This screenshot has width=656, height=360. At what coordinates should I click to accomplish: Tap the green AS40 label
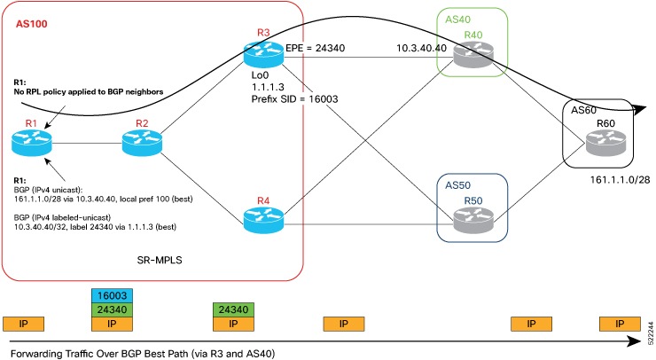tap(457, 20)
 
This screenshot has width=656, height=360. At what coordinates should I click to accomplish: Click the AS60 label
tap(584, 110)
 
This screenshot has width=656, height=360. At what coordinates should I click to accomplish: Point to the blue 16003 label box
tap(111, 294)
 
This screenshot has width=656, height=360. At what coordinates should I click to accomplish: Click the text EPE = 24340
tap(315, 50)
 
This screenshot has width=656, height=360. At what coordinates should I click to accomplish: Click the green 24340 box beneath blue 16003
tap(111, 309)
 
